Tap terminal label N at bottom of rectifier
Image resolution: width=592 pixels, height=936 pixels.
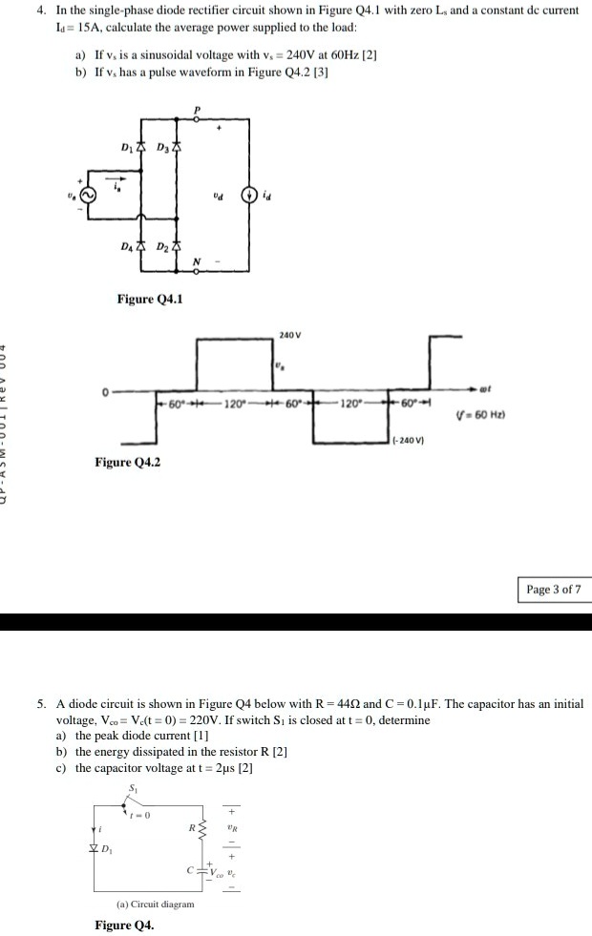pyautogui.click(x=197, y=262)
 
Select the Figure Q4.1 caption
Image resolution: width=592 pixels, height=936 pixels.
pyautogui.click(x=150, y=300)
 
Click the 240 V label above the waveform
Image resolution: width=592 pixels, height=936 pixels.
pyautogui.click(x=290, y=334)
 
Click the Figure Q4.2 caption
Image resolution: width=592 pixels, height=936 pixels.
pyautogui.click(x=127, y=463)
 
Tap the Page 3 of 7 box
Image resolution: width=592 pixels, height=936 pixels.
pyautogui.click(x=553, y=589)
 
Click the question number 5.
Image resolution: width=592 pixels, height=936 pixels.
pyautogui.click(x=42, y=704)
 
